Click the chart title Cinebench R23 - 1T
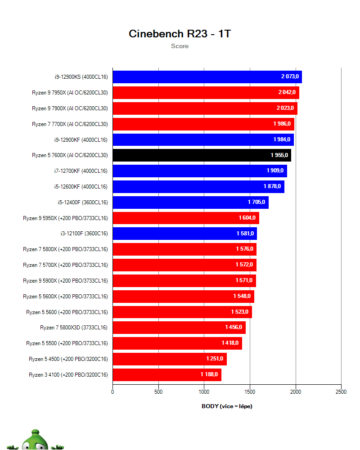180,34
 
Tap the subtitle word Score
180,46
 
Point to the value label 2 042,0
287,92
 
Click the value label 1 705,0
256,202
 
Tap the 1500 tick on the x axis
250,392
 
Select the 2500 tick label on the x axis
341,392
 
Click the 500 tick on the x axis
158,392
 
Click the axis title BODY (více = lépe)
227,406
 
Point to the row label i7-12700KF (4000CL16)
80,171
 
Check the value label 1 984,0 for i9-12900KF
281,139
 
